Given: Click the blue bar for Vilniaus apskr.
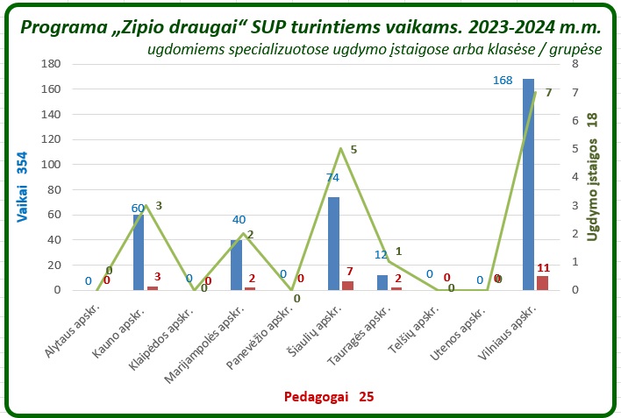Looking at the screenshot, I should (528, 184).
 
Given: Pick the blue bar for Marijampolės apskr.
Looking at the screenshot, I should (236, 265).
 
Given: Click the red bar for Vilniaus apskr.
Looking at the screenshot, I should (542, 282).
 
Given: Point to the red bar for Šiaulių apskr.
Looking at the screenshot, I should (347, 285).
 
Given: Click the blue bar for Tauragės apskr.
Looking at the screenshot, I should (382, 282).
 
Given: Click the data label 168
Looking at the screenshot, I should (503, 81).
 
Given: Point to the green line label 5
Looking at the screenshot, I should (353, 150).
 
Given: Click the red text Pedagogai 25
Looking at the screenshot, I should (328, 397).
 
